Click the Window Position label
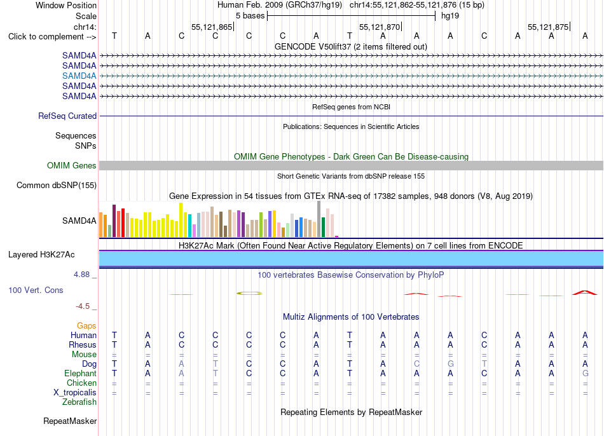coord(66,5)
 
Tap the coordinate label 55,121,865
coord(212,27)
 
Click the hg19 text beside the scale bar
coord(450,16)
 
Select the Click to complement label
coord(52,37)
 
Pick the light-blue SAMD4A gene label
coord(79,76)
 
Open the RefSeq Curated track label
coord(67,116)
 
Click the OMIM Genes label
coord(71,166)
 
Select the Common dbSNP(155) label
coord(56,185)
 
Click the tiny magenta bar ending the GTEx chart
coord(337,236)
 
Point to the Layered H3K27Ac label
coord(41,255)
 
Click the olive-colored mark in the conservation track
coord(249,294)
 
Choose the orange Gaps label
coord(86,326)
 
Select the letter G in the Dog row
coord(450,364)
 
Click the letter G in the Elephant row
coord(585,373)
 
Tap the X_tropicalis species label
coord(75,393)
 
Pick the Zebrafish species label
coord(79,402)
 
